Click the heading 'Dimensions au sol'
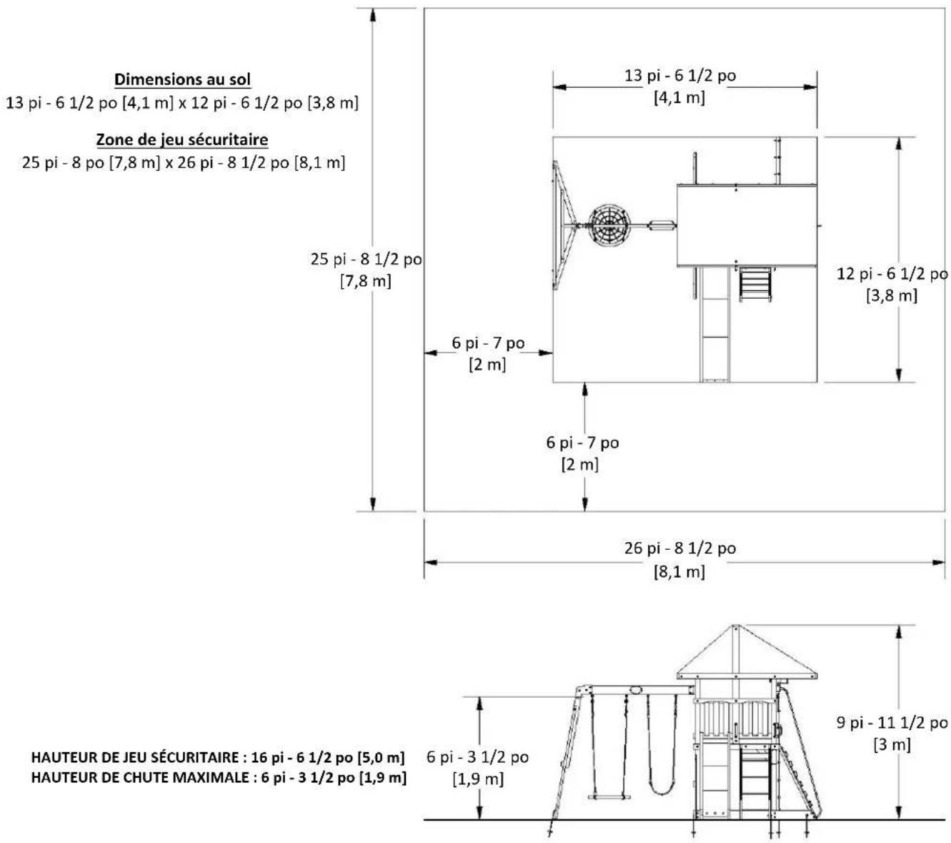click(x=182, y=79)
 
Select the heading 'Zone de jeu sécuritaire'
click(x=182, y=139)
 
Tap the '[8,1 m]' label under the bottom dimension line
click(x=679, y=572)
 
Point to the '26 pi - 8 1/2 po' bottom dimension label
click(x=679, y=548)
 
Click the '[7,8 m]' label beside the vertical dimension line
click(x=365, y=282)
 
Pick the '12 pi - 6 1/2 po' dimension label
click(x=892, y=273)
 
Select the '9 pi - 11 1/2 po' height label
click(x=892, y=723)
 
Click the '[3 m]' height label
click(x=892, y=745)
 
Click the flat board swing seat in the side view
click(x=609, y=797)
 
